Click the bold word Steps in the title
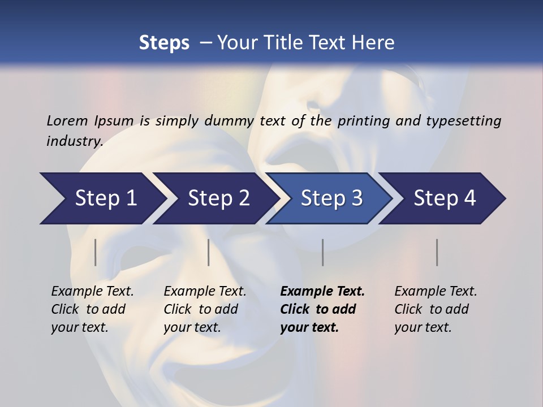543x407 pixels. pos(164,42)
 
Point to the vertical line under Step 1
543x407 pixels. pos(96,252)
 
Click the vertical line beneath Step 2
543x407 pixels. pos(209,252)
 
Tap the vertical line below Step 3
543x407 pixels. pos(322,252)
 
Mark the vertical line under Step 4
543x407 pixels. pos(437,252)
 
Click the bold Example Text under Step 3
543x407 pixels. pos(322,291)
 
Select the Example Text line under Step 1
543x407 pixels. pos(92,291)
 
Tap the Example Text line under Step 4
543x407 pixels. pos(436,291)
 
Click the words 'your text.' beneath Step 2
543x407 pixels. pos(192,327)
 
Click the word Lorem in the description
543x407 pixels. pos(67,120)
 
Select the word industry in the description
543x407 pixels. pos(74,141)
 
